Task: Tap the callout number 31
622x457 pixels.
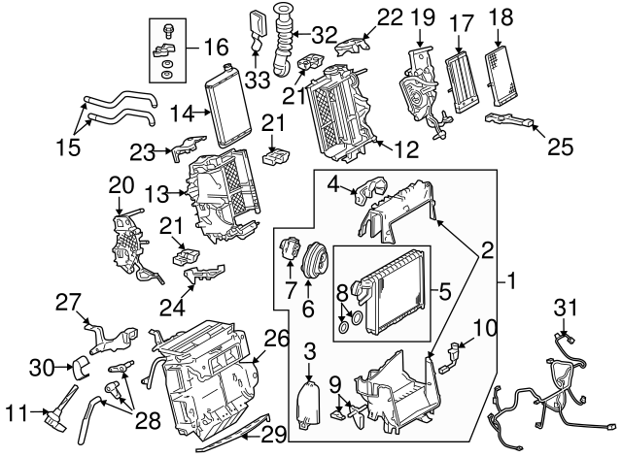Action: [567, 308]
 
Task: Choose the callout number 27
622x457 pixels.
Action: [67, 302]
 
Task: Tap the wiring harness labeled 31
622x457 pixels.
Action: [549, 388]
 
